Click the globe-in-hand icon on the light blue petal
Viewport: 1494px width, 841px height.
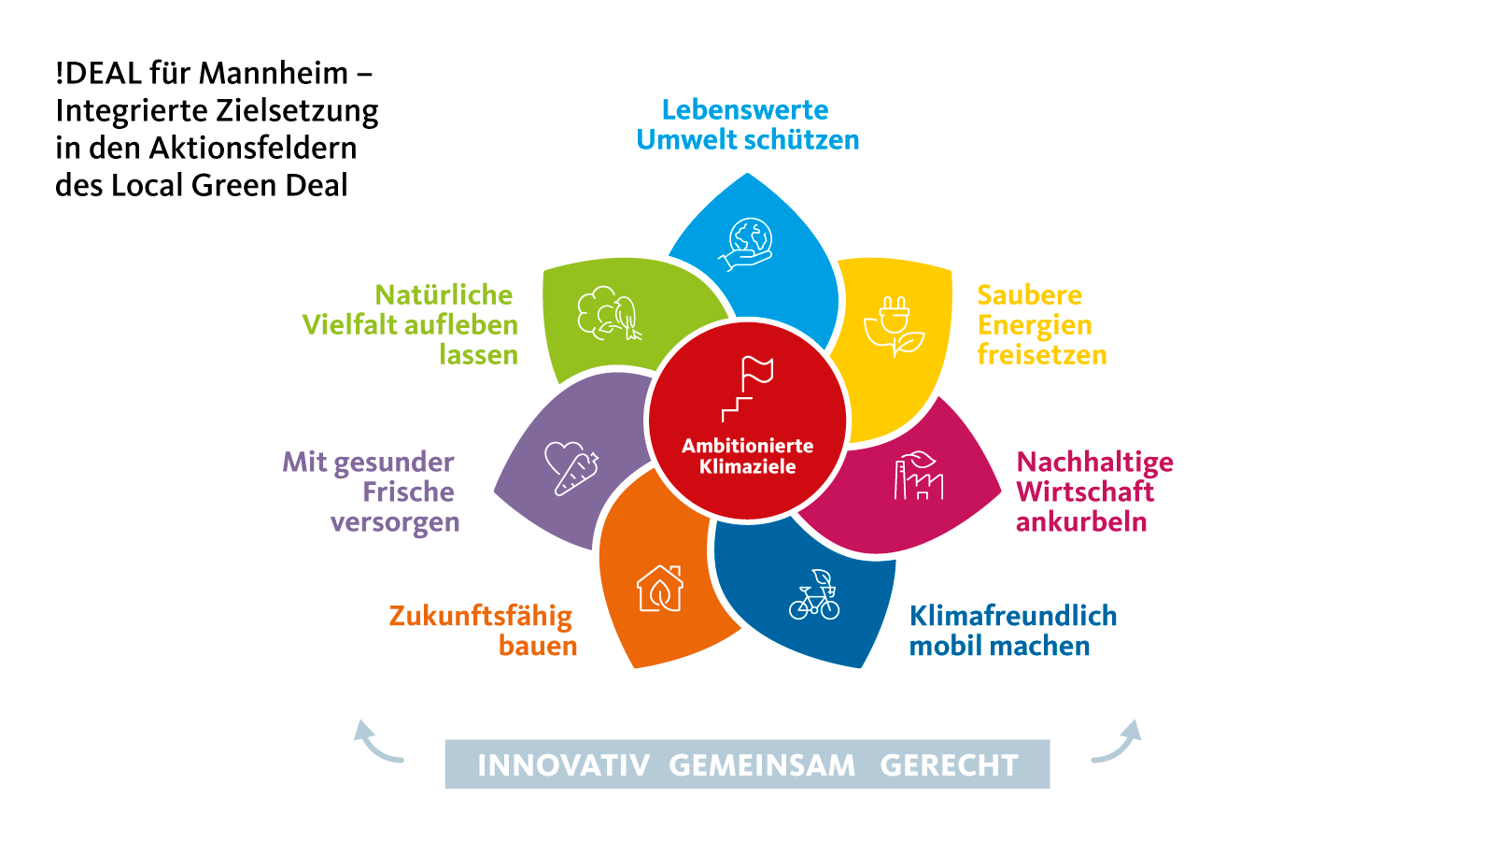(746, 244)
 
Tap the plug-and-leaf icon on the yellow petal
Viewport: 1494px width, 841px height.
(894, 326)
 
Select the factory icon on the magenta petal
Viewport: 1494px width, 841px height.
(919, 476)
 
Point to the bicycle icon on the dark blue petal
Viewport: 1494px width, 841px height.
(814, 594)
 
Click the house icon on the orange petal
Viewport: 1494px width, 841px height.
(659, 588)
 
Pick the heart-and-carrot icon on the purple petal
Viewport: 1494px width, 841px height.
(571, 468)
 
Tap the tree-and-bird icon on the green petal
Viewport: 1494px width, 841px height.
(609, 314)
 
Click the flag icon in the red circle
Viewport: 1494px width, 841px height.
(748, 389)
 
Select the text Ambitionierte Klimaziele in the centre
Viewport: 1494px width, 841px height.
(748, 456)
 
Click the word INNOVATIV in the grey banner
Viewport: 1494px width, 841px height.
(564, 765)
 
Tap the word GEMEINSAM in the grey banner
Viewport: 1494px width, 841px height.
(762, 765)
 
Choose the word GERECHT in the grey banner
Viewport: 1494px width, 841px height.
(949, 765)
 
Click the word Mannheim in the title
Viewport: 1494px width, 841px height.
(274, 73)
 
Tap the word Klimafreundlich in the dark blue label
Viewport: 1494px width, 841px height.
(1013, 616)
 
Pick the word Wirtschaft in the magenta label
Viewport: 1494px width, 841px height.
(1085, 492)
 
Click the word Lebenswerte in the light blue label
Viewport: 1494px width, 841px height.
(745, 109)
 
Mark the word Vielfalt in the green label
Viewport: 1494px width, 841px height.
(349, 325)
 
